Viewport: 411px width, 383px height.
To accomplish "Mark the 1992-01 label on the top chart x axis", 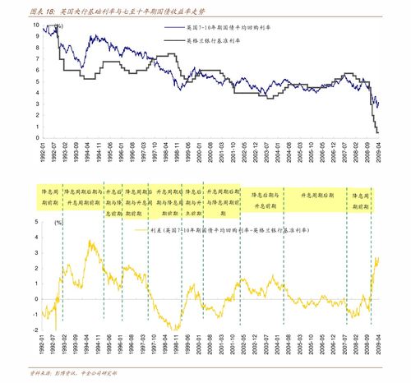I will pos(41,152).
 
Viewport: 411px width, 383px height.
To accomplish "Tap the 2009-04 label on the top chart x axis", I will pos(379,152).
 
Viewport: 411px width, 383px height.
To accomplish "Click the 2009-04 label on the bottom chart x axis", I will pos(379,346).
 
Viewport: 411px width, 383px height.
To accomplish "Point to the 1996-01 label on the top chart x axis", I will pos(120,152).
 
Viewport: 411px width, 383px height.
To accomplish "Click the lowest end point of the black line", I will pos(377,132).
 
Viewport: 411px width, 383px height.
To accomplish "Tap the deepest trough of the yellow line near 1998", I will pos(175,329).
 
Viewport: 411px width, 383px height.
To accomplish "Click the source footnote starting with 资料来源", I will pos(73,374).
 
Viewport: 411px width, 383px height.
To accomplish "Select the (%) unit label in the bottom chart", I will pos(58,223).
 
